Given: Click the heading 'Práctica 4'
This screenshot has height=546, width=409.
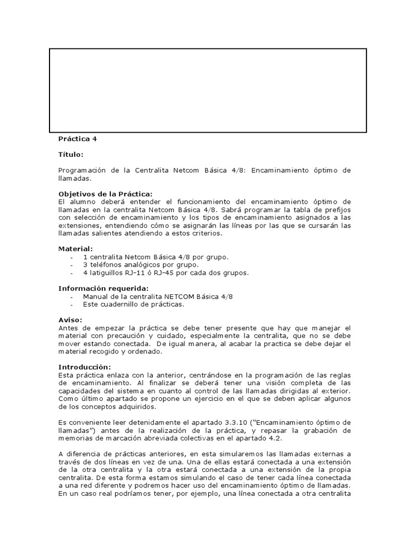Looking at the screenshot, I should [x=78, y=139].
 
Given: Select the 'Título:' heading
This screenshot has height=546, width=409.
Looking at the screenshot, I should [x=71, y=155].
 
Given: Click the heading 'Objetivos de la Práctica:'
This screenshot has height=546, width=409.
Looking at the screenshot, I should [x=105, y=194].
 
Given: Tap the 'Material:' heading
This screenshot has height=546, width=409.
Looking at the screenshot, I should [x=75, y=248].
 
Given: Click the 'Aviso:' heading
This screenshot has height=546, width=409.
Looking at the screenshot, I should [x=70, y=319].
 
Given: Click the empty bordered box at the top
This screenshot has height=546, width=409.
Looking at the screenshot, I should [x=208, y=91].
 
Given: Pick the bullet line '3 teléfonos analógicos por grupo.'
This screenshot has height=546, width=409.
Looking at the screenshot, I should [x=141, y=264].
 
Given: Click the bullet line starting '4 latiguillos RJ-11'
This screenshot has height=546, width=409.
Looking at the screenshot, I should [x=166, y=272].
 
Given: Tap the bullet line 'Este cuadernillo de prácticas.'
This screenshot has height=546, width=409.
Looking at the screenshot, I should [x=133, y=304].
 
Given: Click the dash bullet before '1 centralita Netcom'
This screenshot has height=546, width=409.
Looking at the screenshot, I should [x=71, y=257].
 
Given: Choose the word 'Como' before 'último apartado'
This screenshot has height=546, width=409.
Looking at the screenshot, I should [x=68, y=399].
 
